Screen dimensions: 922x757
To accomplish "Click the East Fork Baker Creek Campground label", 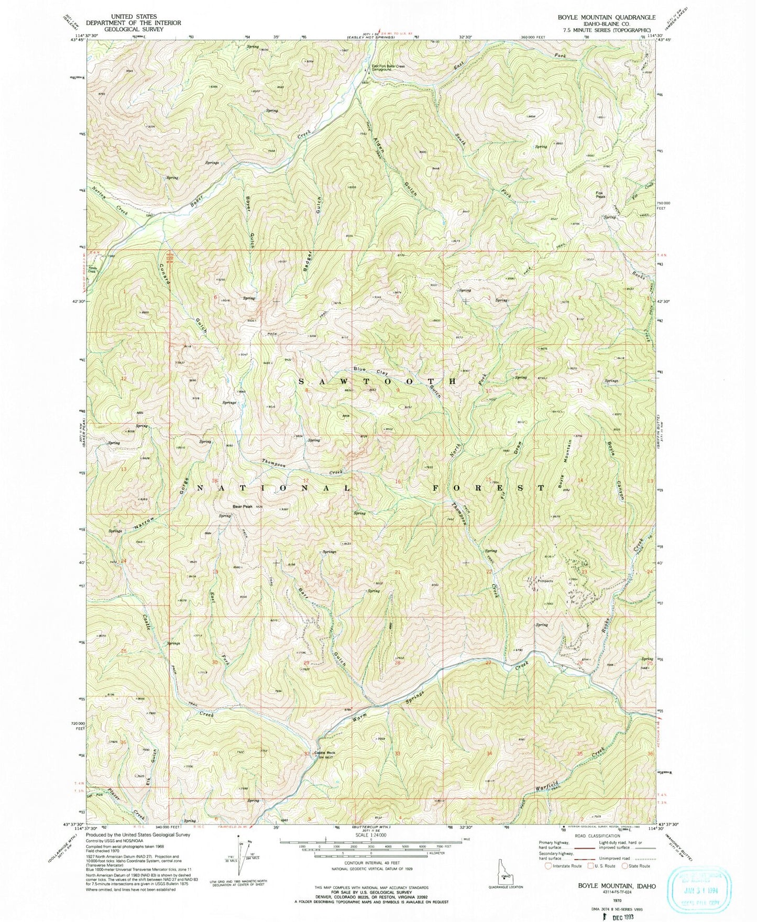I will coord(389,68).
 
